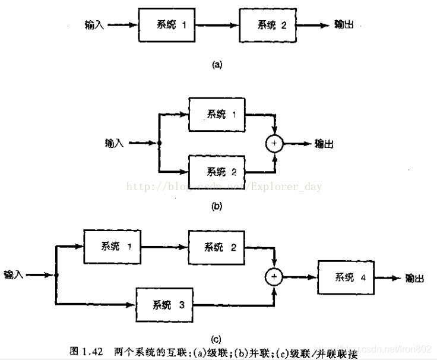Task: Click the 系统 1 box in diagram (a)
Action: (167, 26)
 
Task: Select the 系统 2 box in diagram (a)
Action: (268, 26)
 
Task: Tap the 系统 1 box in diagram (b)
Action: (217, 114)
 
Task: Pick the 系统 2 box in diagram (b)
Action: (217, 172)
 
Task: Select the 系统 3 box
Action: (166, 305)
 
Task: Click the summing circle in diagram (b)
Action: (274, 143)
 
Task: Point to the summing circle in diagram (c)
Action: (274, 276)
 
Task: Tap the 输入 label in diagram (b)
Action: (113, 143)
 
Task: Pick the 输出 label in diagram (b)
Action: (325, 143)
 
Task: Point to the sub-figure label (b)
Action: (217, 206)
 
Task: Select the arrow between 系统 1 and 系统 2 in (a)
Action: (217, 26)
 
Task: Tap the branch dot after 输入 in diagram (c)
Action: (56, 275)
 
